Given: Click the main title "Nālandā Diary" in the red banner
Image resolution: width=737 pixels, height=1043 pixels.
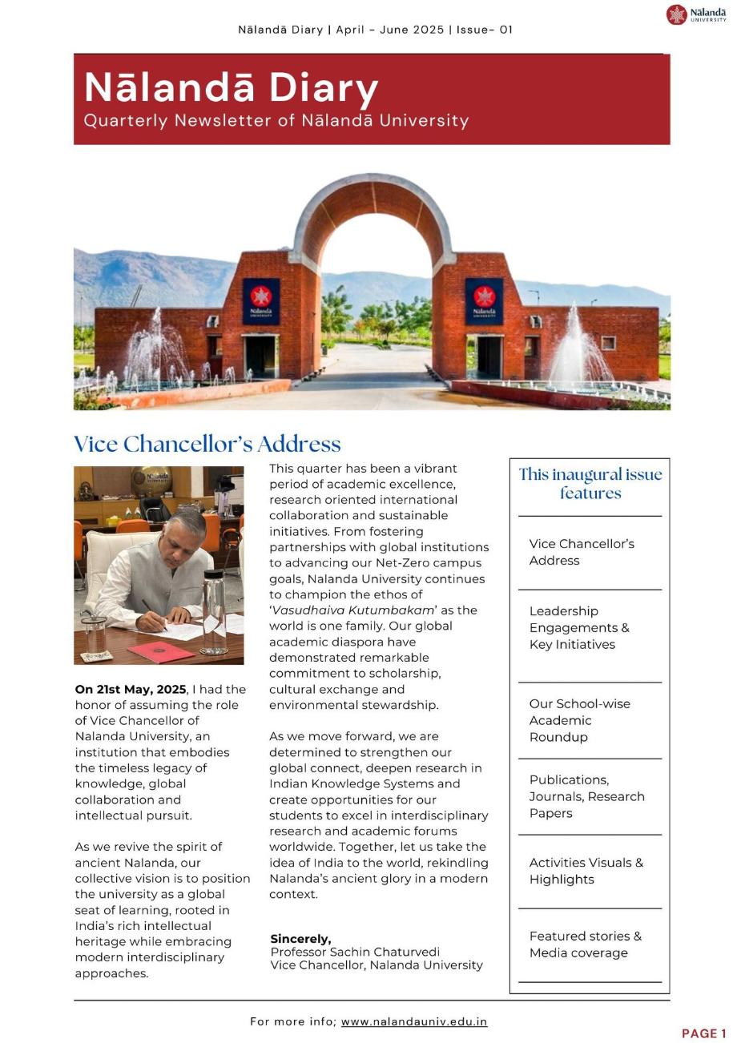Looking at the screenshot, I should click(x=231, y=87).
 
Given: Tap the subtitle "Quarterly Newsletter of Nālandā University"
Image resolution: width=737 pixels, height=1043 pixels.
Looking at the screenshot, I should click(x=276, y=121).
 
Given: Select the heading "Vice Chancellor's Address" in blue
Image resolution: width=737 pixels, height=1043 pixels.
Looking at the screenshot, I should click(x=207, y=445).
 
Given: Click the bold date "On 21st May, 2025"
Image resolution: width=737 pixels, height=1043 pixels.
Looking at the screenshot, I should click(x=130, y=690).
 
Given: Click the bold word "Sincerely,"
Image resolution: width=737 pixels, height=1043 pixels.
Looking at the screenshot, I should click(x=300, y=939).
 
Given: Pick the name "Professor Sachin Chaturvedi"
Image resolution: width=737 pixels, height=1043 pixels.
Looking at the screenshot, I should click(x=355, y=952).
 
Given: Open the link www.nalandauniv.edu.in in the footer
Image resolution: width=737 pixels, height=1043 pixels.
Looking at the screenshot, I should click(x=414, y=1022).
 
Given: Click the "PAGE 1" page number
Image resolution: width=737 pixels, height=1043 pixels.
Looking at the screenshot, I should click(x=704, y=1033).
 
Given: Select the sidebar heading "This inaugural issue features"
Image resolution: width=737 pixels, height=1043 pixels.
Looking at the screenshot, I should click(x=590, y=484).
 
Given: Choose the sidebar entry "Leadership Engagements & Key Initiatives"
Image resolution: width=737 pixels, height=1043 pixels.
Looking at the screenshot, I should click(x=579, y=628).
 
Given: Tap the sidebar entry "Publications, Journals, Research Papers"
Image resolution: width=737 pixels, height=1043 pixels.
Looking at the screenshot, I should click(x=586, y=796).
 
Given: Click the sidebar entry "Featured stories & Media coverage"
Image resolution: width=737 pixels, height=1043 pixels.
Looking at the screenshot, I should click(x=585, y=944).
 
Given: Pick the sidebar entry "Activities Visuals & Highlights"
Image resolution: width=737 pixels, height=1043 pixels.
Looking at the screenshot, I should click(x=586, y=871).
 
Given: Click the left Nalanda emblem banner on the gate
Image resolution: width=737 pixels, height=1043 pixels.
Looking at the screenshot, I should click(x=261, y=300).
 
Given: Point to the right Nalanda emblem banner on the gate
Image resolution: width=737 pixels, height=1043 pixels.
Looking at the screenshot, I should click(x=484, y=300).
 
